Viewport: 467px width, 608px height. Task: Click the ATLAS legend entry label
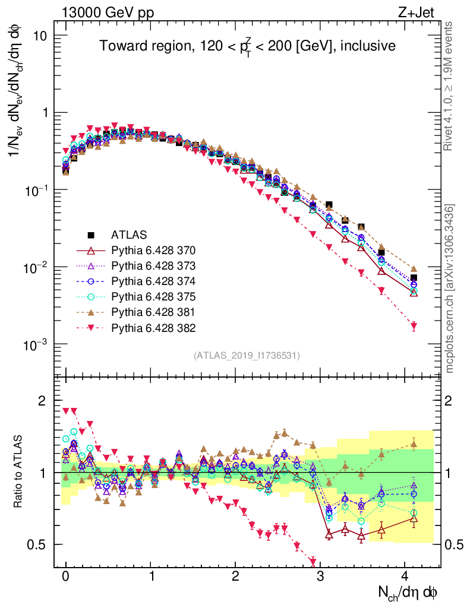pyautogui.click(x=130, y=234)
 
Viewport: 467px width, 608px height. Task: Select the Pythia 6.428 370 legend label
pyautogui.click(x=154, y=249)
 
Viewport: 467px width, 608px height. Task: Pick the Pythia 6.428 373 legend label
pyautogui.click(x=154, y=265)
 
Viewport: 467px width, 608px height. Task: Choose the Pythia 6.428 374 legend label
pyautogui.click(x=154, y=280)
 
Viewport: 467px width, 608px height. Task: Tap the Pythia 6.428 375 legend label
pyautogui.click(x=154, y=296)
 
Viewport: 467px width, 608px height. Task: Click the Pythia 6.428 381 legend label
pyautogui.click(x=154, y=312)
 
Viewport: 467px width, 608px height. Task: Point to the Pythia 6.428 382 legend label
pyautogui.click(x=154, y=327)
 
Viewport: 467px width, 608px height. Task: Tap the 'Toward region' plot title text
pyautogui.click(x=247, y=46)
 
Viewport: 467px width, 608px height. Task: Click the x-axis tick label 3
pyautogui.click(x=320, y=578)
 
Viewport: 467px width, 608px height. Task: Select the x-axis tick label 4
pyautogui.click(x=405, y=578)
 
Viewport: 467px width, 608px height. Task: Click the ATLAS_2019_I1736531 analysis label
pyautogui.click(x=247, y=356)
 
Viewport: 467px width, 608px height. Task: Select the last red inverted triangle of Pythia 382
pyautogui.click(x=414, y=326)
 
